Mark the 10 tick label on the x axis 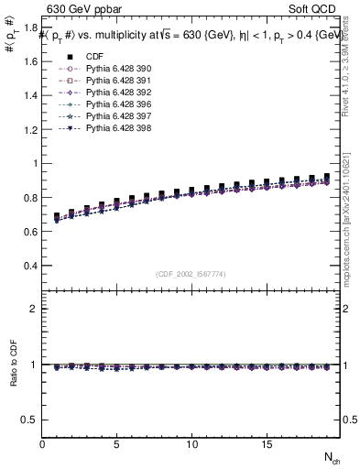click(x=191, y=444)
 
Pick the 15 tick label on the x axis click(x=266, y=444)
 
